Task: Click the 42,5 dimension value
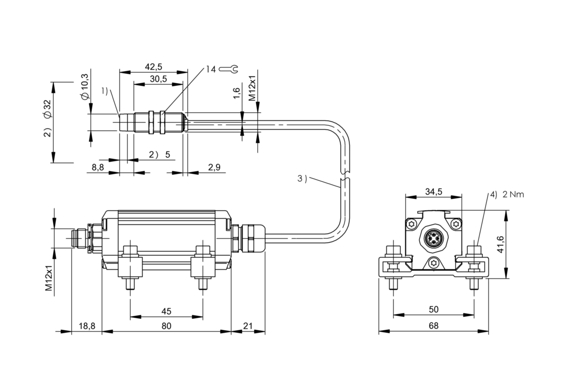[154, 67]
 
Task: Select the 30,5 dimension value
[158, 79]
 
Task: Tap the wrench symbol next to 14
[228, 69]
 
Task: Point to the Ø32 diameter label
[47, 109]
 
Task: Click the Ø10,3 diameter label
[85, 87]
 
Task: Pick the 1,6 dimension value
[236, 94]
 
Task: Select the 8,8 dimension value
[97, 167]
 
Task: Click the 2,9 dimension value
[214, 167]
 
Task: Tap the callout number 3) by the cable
[302, 178]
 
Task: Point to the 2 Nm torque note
[513, 194]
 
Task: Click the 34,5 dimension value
[434, 192]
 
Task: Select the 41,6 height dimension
[500, 244]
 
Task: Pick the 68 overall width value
[434, 326]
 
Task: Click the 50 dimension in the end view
[434, 309]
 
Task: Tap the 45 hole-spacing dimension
[167, 311]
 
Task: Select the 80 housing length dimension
[167, 326]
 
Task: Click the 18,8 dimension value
[87, 326]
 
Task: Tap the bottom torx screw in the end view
[434, 263]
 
